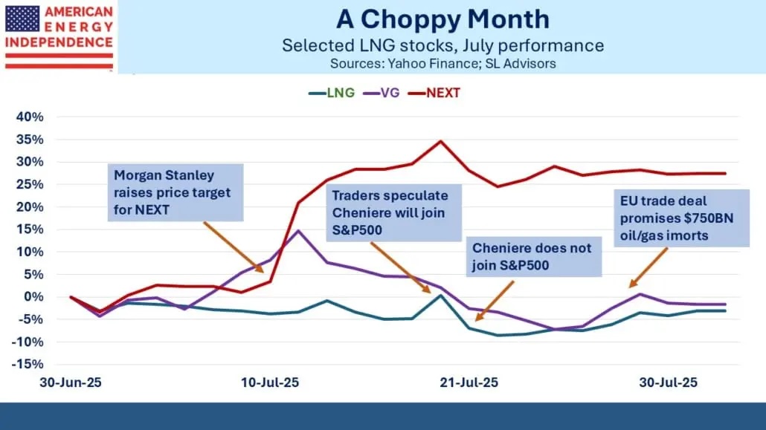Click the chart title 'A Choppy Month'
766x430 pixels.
point(442,19)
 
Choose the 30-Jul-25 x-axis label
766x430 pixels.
point(669,382)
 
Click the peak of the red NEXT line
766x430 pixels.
point(441,141)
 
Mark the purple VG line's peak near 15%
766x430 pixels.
point(298,230)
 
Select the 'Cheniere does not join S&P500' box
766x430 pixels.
point(534,257)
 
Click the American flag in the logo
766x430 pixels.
point(22,19)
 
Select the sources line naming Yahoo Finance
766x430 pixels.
point(442,64)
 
